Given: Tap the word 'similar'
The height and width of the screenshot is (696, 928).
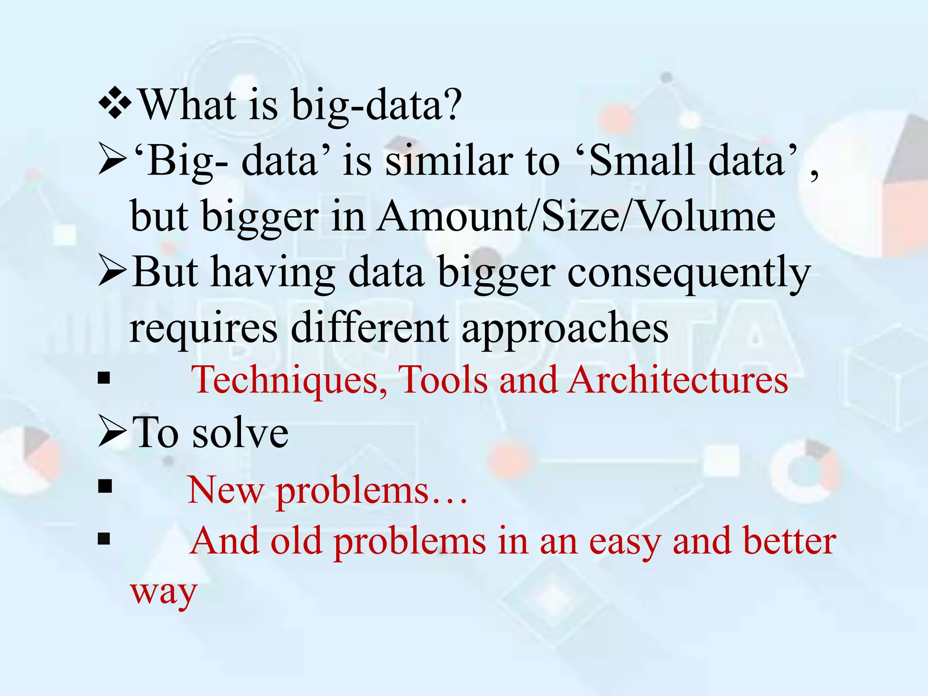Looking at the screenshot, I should tap(449, 161).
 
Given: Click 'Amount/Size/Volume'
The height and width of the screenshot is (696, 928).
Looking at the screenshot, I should tap(575, 217).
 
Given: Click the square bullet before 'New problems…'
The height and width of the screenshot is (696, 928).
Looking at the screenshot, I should tap(105, 486).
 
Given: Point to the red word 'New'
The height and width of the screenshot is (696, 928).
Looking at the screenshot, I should tap(226, 491).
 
